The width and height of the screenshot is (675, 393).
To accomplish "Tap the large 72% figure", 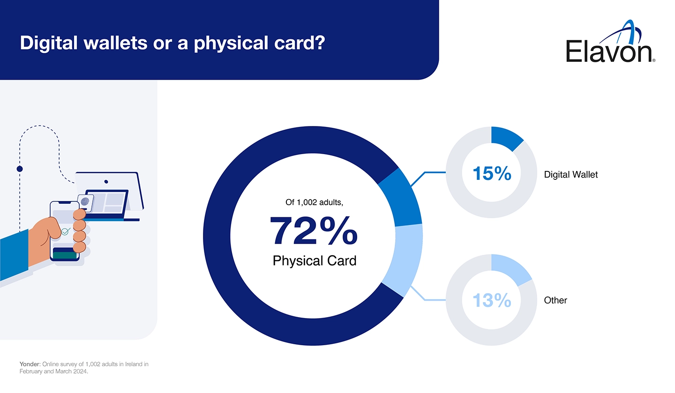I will (x=314, y=231).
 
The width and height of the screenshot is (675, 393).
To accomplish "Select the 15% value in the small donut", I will (x=491, y=173).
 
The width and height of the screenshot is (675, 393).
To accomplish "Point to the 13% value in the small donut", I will (x=491, y=300).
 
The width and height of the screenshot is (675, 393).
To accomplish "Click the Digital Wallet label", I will (x=570, y=175).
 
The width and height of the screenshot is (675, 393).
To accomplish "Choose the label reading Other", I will (x=555, y=300).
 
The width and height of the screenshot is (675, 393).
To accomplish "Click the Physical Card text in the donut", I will (x=314, y=261).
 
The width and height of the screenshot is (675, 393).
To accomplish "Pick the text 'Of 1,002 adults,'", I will (x=314, y=202).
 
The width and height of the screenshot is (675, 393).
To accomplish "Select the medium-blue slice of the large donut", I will (x=400, y=197).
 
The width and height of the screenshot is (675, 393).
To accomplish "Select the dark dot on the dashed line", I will (x=20, y=169).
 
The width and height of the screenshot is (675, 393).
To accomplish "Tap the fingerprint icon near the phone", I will (x=85, y=201).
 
